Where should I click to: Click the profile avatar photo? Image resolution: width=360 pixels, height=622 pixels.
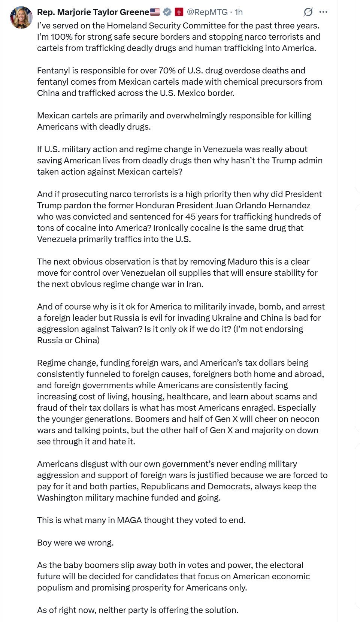pyautogui.click(x=21, y=18)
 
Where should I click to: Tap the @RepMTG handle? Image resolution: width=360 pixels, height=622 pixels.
pyautogui.click(x=207, y=12)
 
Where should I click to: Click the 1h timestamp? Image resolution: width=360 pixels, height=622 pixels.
pyautogui.click(x=239, y=12)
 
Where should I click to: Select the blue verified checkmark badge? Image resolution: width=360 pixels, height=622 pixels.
pyautogui.click(x=167, y=12)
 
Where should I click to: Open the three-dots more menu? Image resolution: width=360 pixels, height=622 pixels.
pyautogui.click(x=323, y=12)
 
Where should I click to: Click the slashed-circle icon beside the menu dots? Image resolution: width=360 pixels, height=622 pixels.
pyautogui.click(x=308, y=12)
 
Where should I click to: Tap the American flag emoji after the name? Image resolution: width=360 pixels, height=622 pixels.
pyautogui.click(x=155, y=12)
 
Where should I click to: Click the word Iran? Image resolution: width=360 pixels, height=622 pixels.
pyautogui.click(x=194, y=284)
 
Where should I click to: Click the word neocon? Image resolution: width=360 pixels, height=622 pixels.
pyautogui.click(x=305, y=419)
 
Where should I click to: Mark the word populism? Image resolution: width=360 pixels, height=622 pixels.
pyautogui.click(x=55, y=588)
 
